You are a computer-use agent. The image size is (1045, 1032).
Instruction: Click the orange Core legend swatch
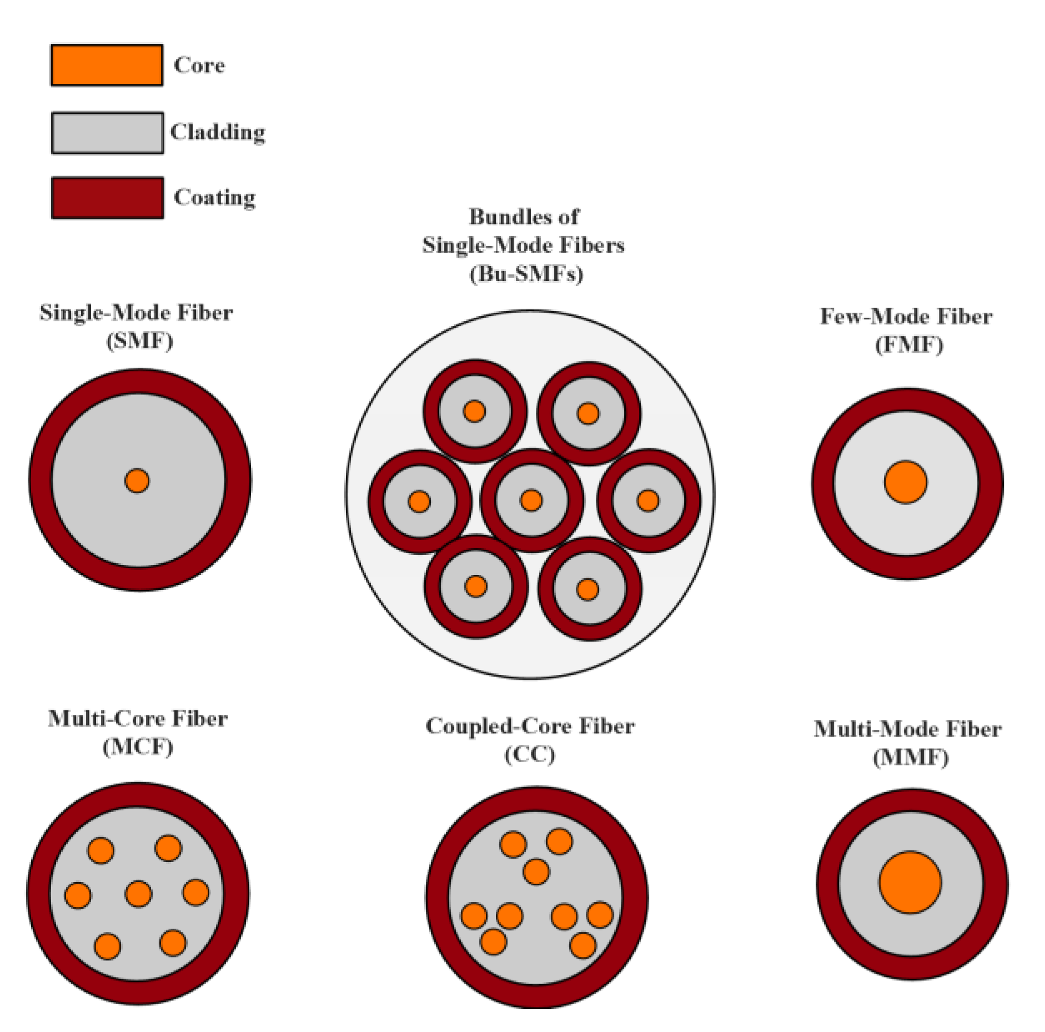tap(107, 65)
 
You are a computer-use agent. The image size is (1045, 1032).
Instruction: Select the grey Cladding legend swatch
tap(107, 133)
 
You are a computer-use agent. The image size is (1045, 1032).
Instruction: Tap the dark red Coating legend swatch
tap(107, 198)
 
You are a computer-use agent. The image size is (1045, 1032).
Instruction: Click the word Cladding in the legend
tap(218, 133)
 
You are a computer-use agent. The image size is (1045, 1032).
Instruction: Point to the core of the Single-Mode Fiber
tap(137, 480)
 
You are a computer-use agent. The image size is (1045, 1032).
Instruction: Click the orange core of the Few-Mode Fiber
tap(905, 482)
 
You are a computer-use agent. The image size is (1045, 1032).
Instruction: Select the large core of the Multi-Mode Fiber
tap(910, 882)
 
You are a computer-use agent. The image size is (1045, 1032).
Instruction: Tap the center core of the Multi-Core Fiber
tap(138, 894)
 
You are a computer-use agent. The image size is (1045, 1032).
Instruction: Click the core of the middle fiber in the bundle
tap(531, 500)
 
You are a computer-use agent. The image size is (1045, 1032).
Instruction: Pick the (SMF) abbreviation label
tap(139, 340)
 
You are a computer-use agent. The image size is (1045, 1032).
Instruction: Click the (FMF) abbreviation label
tap(908, 344)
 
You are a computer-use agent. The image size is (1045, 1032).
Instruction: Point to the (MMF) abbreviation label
tap(910, 757)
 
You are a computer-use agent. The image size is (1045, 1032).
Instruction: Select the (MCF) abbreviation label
tap(138, 747)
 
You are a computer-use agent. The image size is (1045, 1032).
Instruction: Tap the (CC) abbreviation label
tap(529, 754)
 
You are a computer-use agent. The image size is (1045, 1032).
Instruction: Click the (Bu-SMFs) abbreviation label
tap(526, 273)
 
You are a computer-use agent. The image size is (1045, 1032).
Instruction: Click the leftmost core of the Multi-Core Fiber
tap(78, 895)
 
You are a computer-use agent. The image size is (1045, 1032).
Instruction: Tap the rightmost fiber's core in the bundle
tap(647, 500)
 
